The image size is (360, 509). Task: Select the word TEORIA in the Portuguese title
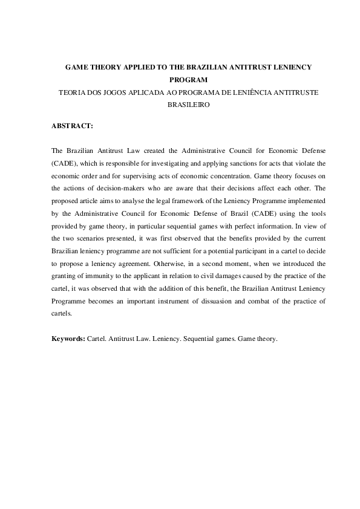pos(66,92)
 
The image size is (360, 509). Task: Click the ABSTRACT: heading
pos(72,126)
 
